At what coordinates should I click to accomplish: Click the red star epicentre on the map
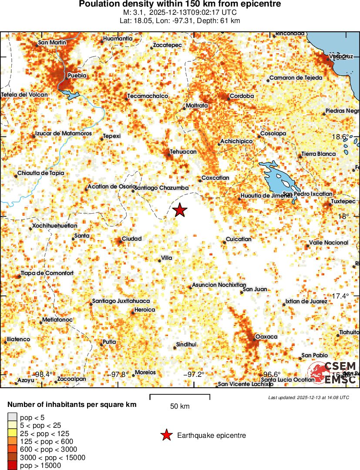coord(180,210)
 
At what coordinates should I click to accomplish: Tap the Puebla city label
coord(77,76)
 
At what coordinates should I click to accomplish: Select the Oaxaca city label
coord(266,336)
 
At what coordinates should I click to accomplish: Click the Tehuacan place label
coord(183,151)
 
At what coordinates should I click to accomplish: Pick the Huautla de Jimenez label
coord(266,196)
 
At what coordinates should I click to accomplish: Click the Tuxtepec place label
coord(343,201)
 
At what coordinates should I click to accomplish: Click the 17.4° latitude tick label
coord(340,296)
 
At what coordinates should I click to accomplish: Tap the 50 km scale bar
coord(180,397)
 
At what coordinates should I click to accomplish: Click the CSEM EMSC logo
coord(333,373)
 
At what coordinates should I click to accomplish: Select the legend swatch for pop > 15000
coord(12,466)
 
